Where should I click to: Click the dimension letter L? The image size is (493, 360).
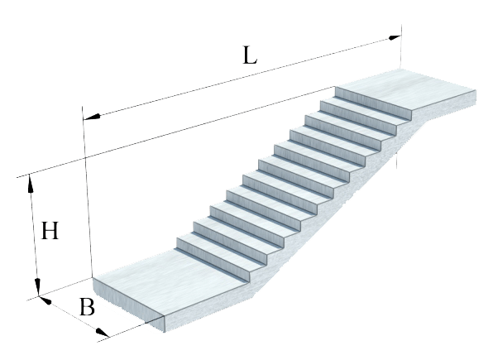pyautogui.click(x=250, y=55)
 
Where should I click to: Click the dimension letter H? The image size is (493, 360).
pyautogui.click(x=50, y=231)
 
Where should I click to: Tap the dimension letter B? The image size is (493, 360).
pyautogui.click(x=87, y=307)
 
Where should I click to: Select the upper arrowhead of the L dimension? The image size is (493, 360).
pyautogui.click(x=395, y=38)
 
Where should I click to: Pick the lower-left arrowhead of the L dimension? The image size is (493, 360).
pyautogui.click(x=92, y=117)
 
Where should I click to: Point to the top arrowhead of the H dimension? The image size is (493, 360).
pyautogui.click(x=30, y=183)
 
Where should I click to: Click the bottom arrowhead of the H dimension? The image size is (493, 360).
pyautogui.click(x=37, y=287)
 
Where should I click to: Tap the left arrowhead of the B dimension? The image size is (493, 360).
pyautogui.click(x=45, y=300)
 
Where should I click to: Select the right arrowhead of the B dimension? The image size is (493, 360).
pyautogui.click(x=103, y=333)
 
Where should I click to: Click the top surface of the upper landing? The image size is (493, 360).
pyautogui.click(x=405, y=89)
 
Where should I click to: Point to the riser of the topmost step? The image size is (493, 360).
pyautogui.click(x=373, y=103)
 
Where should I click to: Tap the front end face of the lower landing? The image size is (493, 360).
pyautogui.click(x=129, y=305)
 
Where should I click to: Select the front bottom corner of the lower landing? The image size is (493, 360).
pyautogui.click(x=165, y=331)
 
